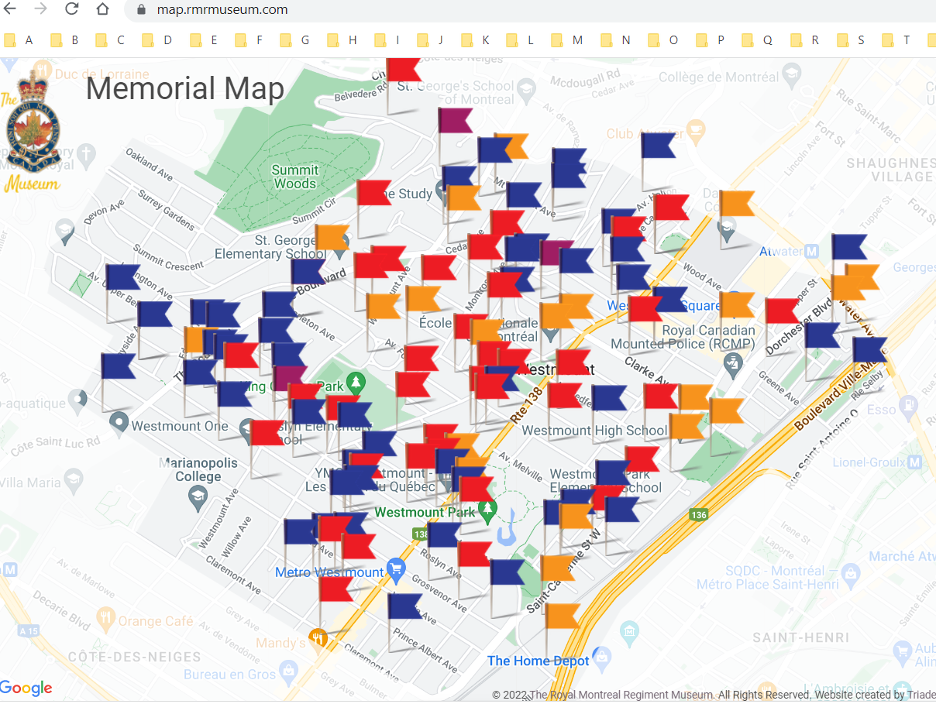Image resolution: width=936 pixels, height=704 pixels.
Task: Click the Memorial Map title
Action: (x=185, y=89)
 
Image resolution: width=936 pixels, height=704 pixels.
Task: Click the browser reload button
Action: (x=72, y=9)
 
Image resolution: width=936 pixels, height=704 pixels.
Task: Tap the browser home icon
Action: (x=102, y=9)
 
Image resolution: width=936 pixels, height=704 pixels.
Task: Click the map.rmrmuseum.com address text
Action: (x=222, y=10)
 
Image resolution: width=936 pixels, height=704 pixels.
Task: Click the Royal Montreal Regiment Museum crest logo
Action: (x=33, y=128)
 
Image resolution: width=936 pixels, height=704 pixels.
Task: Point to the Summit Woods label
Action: (x=294, y=177)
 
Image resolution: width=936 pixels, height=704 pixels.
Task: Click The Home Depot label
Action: (x=538, y=661)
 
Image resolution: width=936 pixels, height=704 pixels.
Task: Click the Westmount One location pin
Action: (x=119, y=422)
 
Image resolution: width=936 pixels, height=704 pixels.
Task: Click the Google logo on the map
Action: (x=26, y=688)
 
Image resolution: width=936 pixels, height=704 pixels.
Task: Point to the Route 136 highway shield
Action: (x=699, y=514)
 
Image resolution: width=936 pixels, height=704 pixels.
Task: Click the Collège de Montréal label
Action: (x=718, y=77)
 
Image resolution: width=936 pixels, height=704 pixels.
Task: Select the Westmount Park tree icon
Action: (x=487, y=509)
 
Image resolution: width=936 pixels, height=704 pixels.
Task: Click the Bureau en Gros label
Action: (x=229, y=675)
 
